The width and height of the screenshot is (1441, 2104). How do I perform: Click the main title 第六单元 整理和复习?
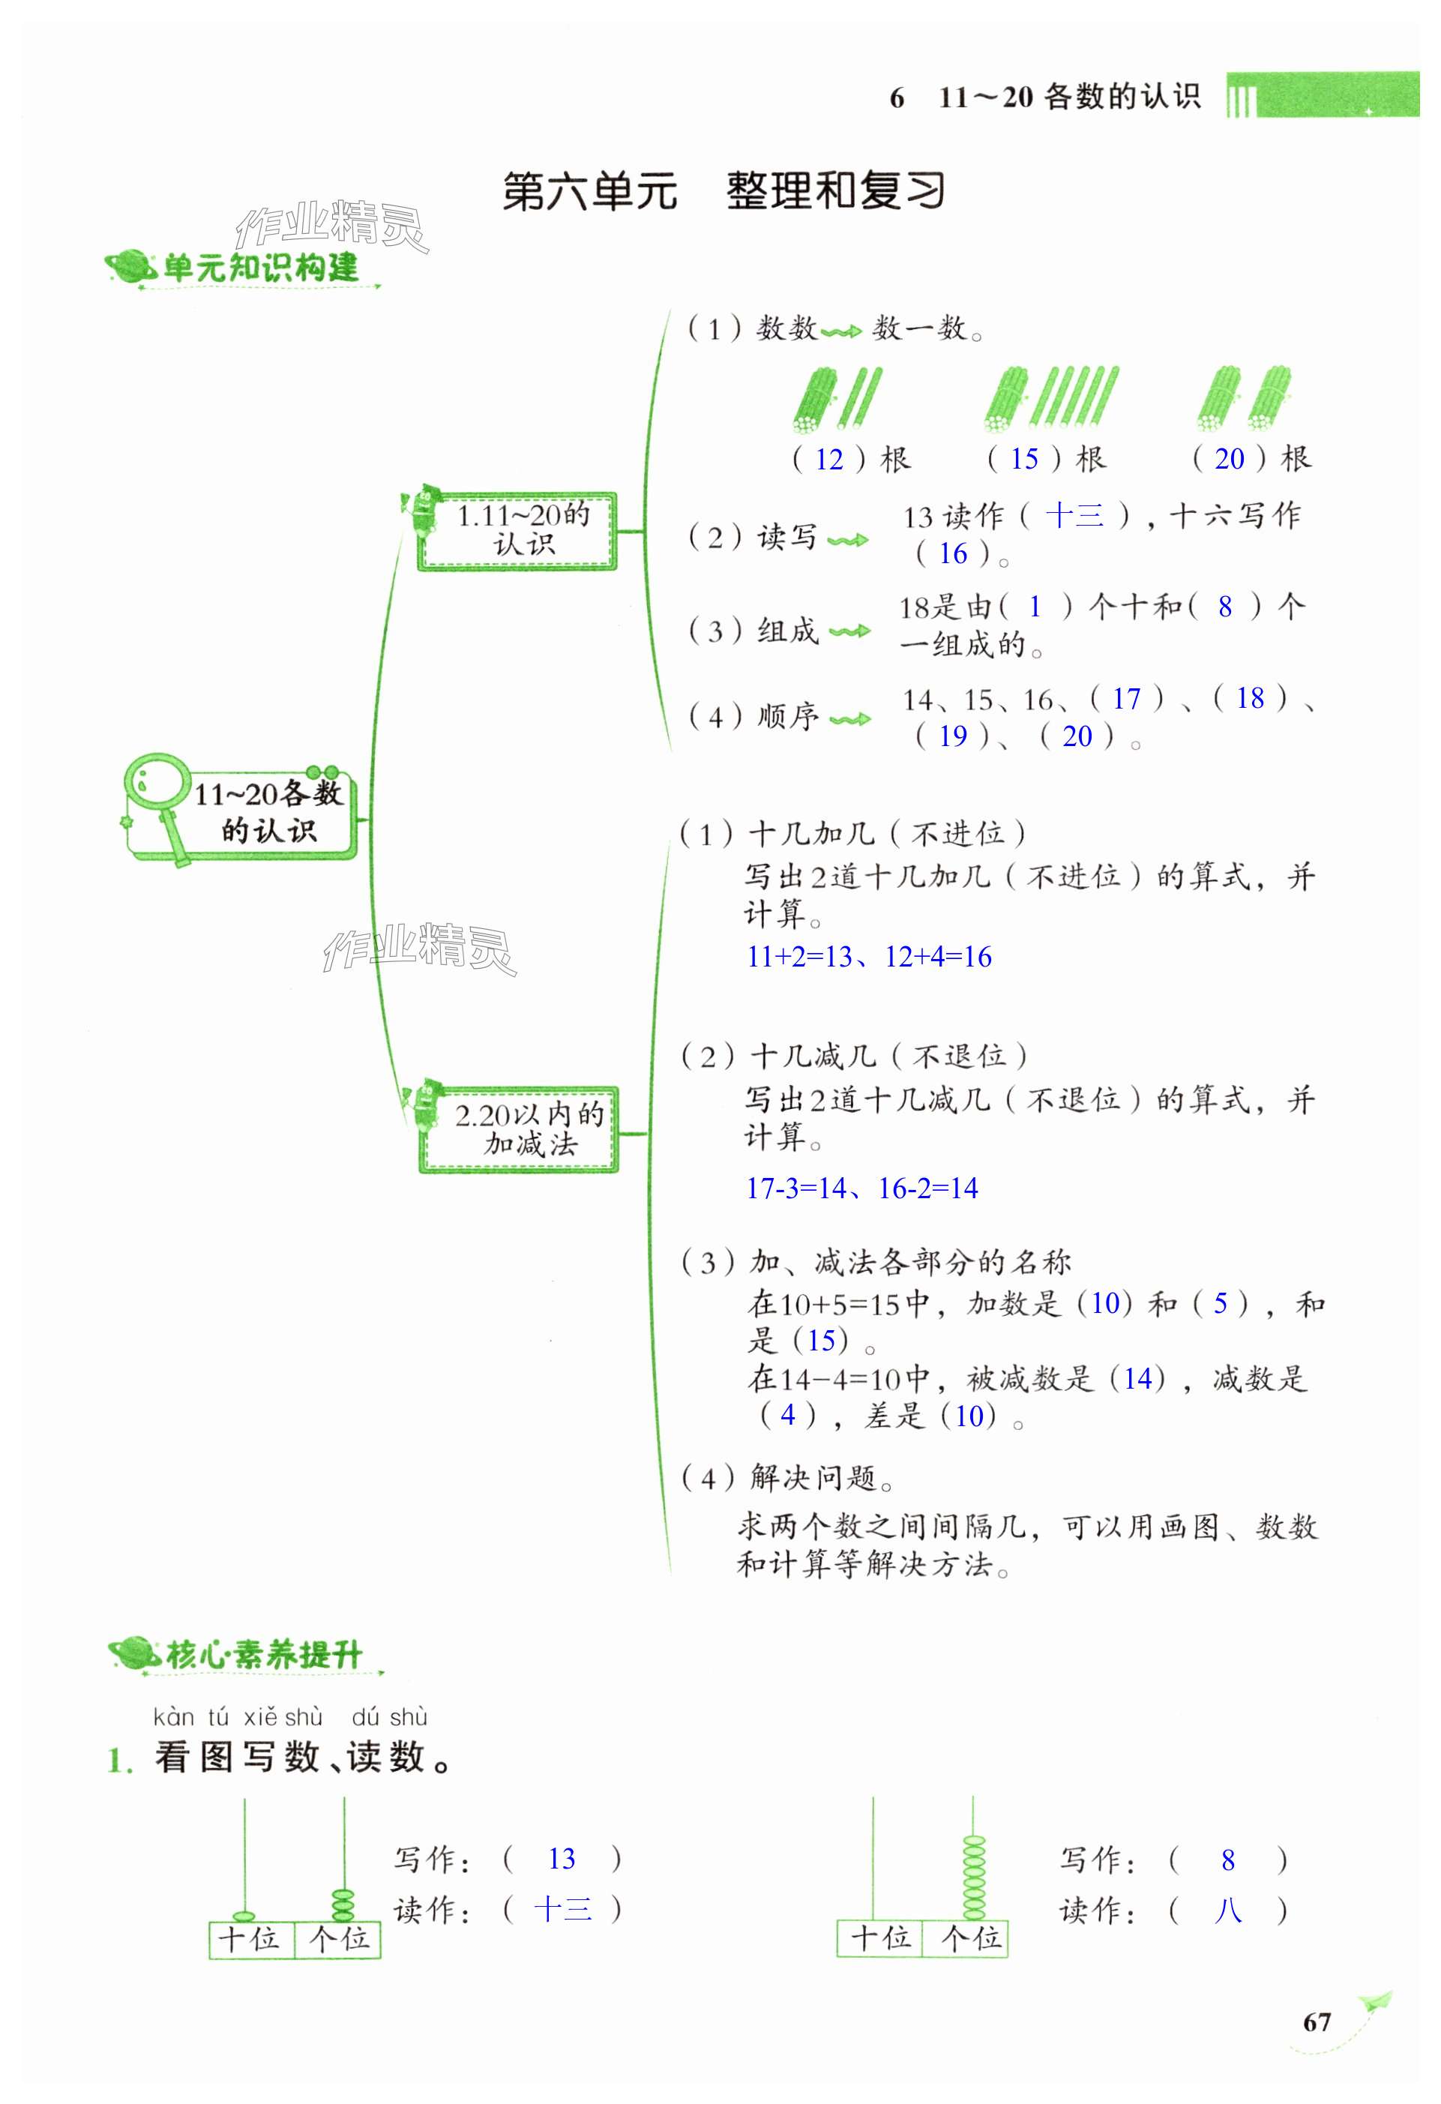point(723,192)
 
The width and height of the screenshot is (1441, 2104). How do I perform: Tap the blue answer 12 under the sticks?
point(829,460)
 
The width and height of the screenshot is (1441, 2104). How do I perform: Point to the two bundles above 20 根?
point(1245,398)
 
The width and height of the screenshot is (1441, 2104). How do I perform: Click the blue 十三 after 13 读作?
point(1074,517)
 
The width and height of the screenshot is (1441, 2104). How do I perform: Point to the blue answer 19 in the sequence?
point(952,736)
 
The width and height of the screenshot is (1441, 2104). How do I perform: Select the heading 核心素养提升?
point(262,1655)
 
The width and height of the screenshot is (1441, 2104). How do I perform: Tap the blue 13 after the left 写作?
point(562,1860)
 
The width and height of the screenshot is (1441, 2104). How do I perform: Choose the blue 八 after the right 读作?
point(1227,1911)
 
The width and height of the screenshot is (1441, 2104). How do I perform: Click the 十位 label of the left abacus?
point(250,1938)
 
